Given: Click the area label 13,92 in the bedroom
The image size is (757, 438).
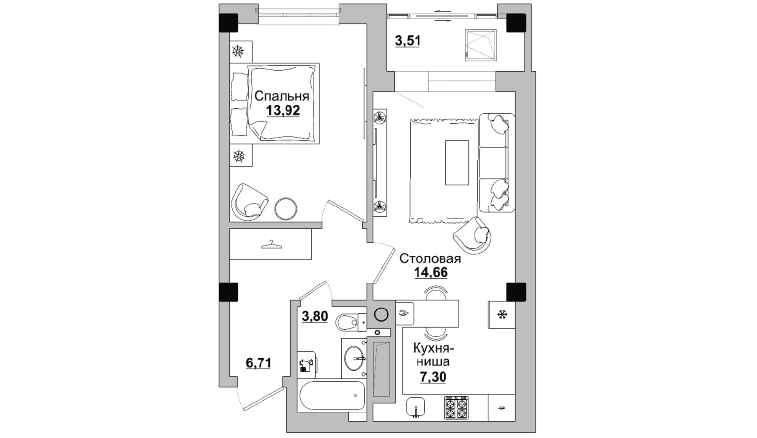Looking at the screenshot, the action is click(x=283, y=110).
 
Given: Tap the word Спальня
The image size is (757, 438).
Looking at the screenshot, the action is click(x=282, y=96).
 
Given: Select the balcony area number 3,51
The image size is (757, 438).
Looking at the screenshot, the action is click(x=408, y=41).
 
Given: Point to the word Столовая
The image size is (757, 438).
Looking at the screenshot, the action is click(x=430, y=258).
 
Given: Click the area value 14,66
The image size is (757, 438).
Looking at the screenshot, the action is click(x=431, y=272).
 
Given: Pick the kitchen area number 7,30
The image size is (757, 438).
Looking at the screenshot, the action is click(x=433, y=377).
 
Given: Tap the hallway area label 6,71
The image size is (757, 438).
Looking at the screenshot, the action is click(x=258, y=363).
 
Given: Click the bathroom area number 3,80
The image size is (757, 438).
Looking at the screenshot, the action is click(x=314, y=316).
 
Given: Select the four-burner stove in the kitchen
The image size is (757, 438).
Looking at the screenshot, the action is click(x=456, y=408).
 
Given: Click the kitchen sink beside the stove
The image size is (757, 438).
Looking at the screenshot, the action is click(x=416, y=408).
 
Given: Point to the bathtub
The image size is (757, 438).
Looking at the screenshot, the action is click(x=332, y=396).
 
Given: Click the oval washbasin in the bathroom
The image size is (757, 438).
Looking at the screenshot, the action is click(x=354, y=358).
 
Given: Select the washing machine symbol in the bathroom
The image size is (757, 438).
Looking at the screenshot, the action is click(x=307, y=364).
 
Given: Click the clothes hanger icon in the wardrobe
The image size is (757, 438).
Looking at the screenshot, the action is click(x=271, y=245).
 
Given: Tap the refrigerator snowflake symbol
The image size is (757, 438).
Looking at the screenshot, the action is click(x=502, y=315).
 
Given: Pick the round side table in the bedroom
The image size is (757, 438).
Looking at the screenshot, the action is click(x=286, y=208).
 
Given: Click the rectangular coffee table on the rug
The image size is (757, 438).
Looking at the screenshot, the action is click(x=457, y=163).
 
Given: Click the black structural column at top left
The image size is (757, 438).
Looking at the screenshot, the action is click(x=229, y=23).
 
